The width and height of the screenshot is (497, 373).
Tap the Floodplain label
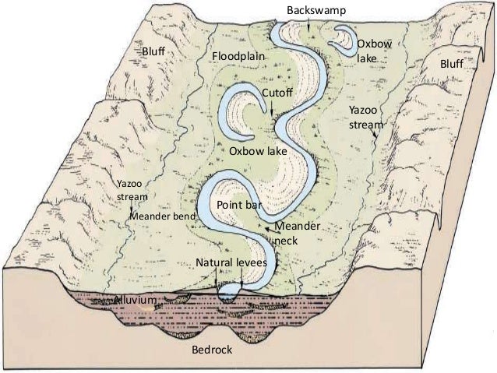tap(239, 58)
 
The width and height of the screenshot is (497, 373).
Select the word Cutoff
tap(277, 93)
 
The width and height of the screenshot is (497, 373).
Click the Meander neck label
tap(296, 233)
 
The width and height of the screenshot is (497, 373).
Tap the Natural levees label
tap(231, 264)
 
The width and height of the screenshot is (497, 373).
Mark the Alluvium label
tap(136, 300)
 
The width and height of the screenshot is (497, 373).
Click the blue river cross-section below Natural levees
tap(229, 291)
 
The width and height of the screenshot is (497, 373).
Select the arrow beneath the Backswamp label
tap(309, 23)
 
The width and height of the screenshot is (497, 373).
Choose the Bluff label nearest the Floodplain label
tap(154, 51)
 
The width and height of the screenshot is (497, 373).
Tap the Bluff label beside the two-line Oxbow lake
tap(453, 62)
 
